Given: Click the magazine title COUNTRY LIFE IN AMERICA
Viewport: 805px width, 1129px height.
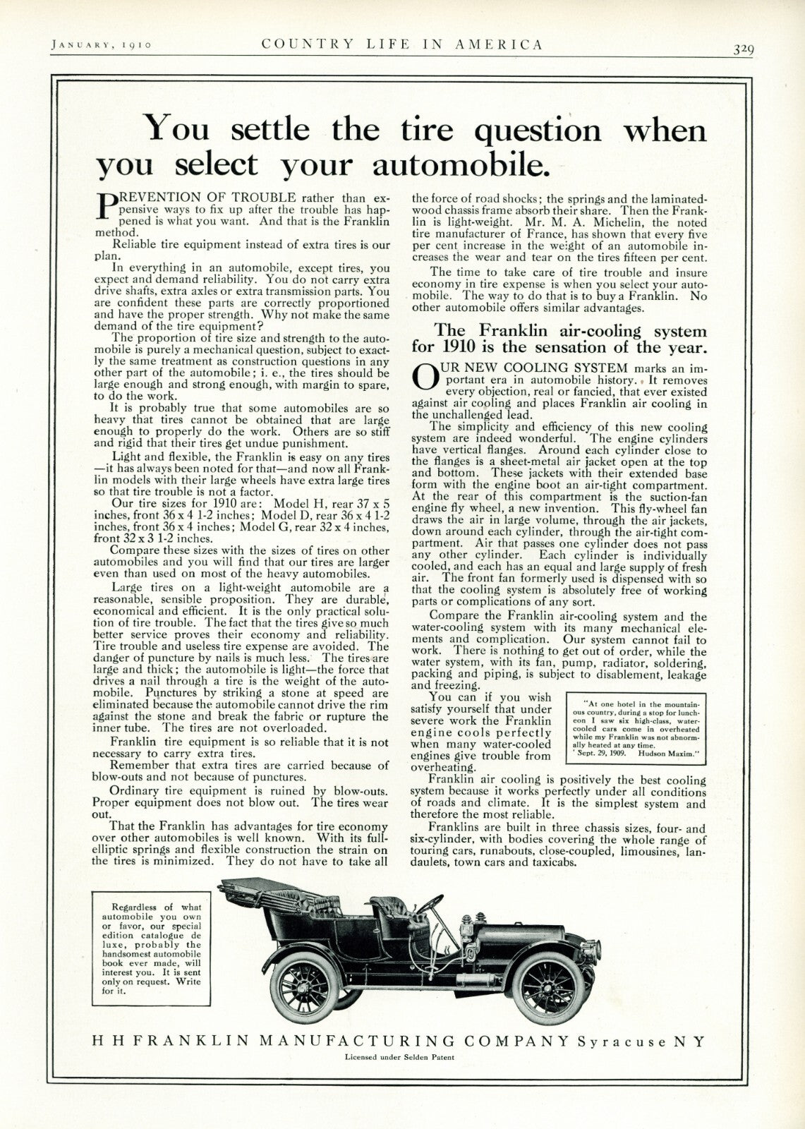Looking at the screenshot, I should (402, 44).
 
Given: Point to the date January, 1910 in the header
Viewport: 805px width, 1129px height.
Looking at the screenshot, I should (102, 45).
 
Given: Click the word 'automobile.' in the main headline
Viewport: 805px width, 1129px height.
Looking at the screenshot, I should (461, 164).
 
